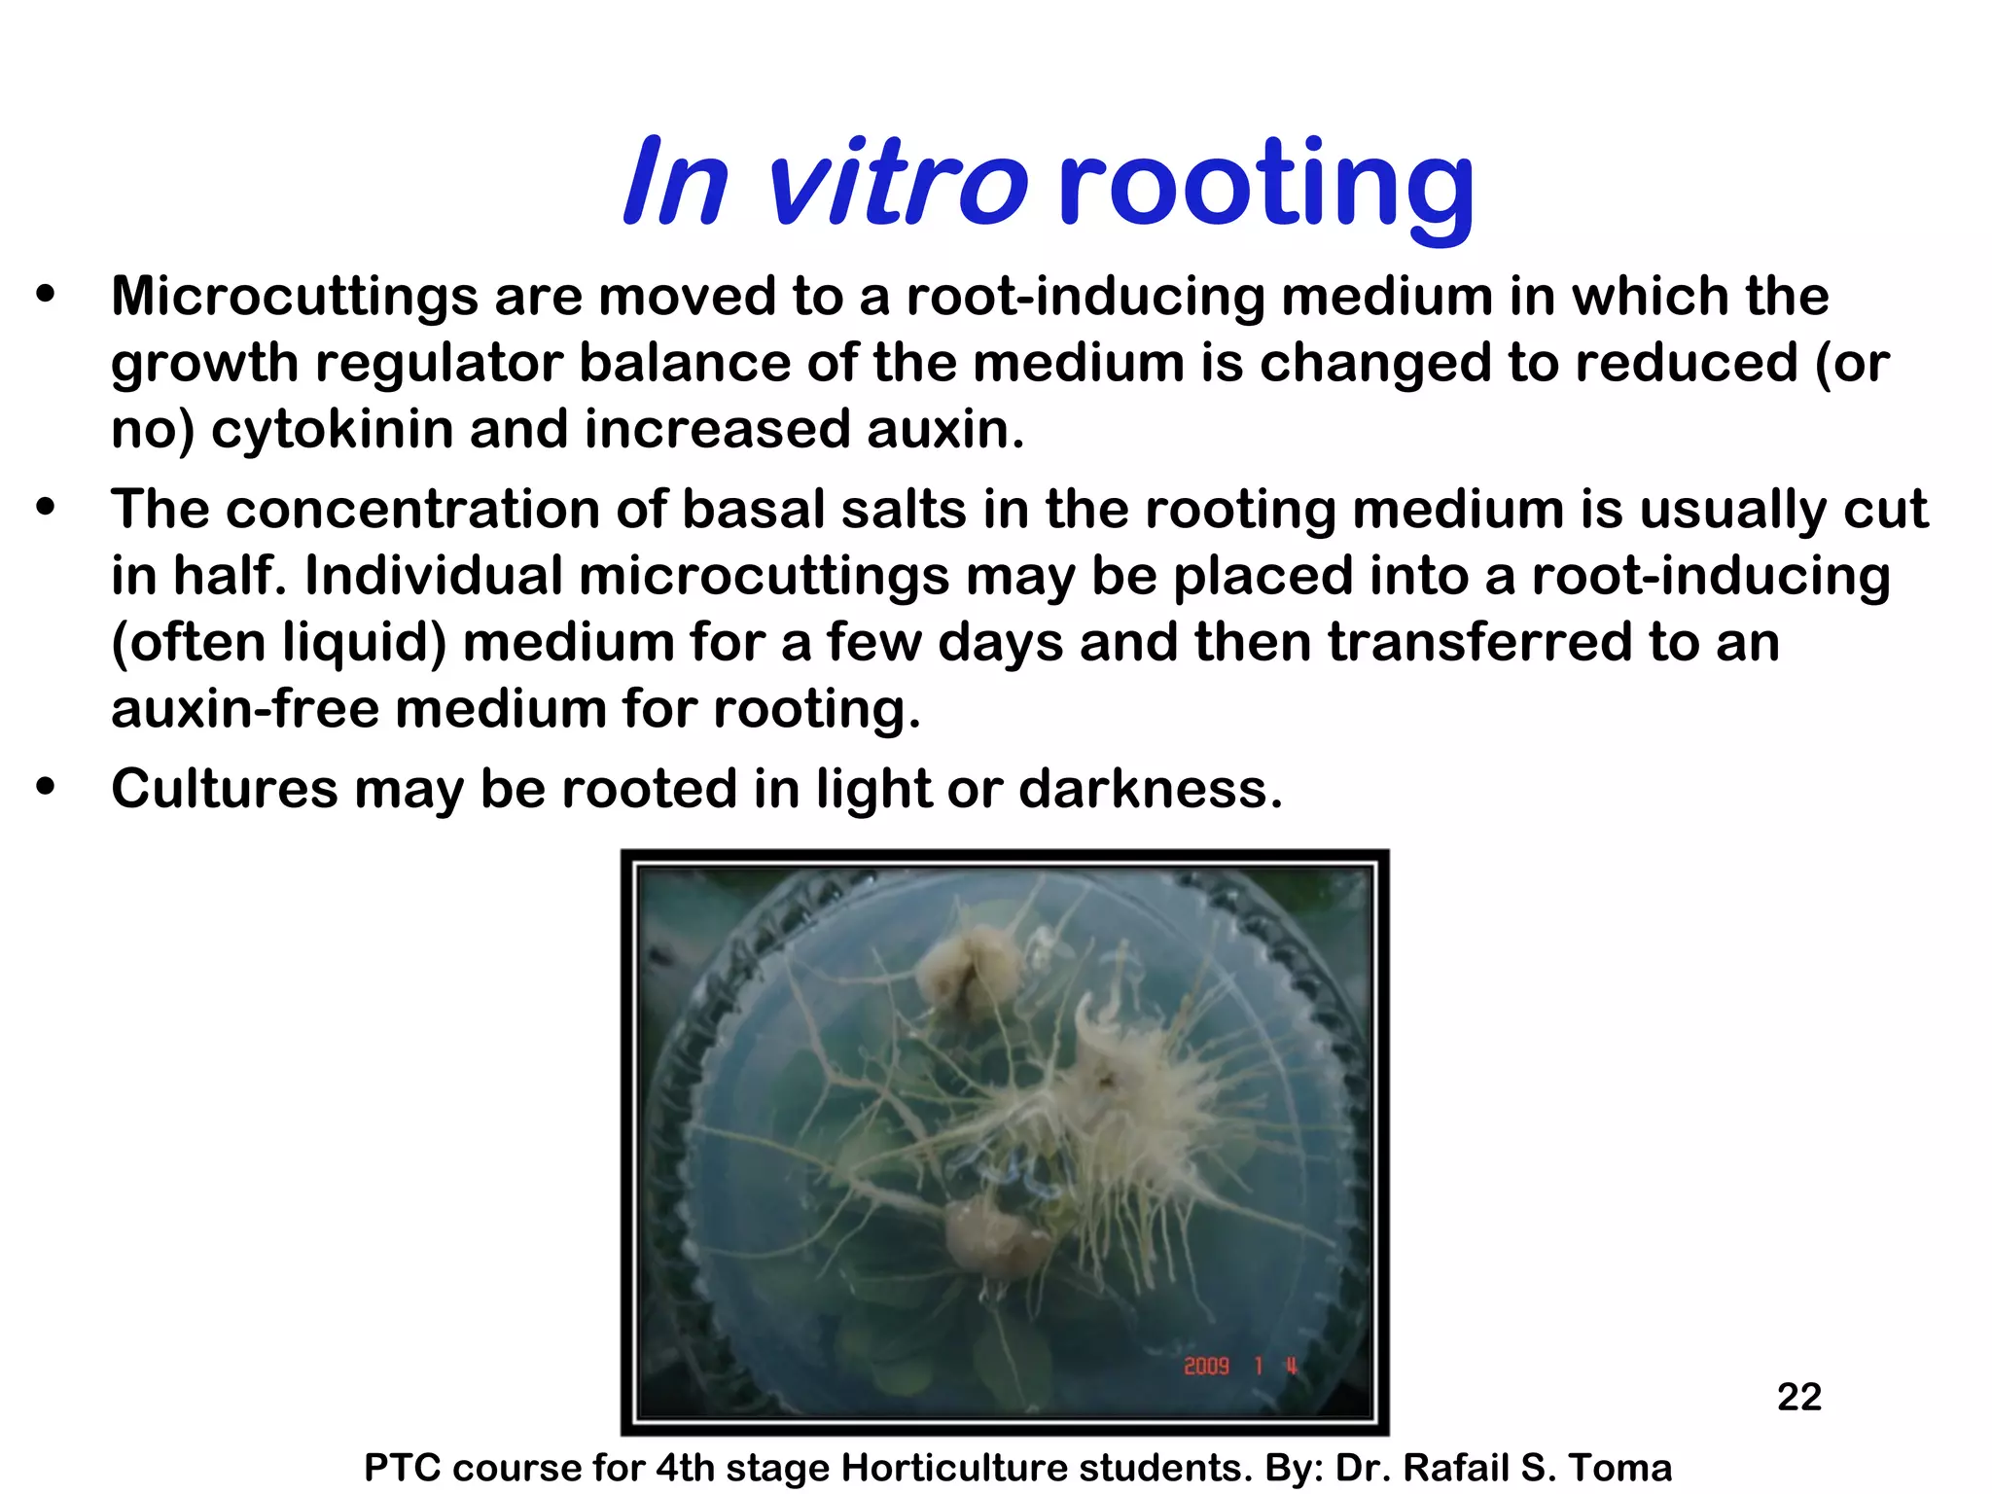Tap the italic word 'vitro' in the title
pyautogui.click(x=895, y=183)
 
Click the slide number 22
pyautogui.click(x=1798, y=1397)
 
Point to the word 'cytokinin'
pyautogui.click(x=332, y=429)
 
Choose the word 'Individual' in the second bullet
pyautogui.click(x=433, y=576)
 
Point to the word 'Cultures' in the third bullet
pyautogui.click(x=224, y=788)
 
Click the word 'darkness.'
pyautogui.click(x=1151, y=788)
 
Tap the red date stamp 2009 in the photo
pyautogui.click(x=1206, y=1367)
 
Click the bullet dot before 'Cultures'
pyautogui.click(x=46, y=787)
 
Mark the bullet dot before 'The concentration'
pyautogui.click(x=46, y=508)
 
